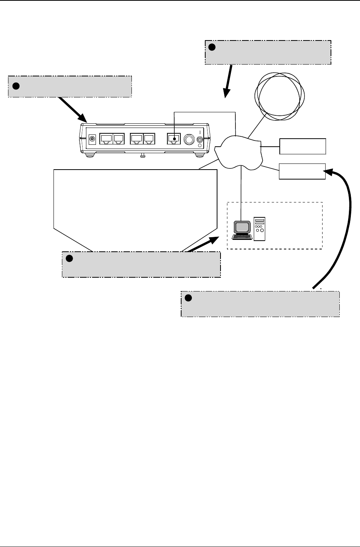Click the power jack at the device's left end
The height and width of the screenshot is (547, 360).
coord(92,139)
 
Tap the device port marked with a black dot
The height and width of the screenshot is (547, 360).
coord(174,139)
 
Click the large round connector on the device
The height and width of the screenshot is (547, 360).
coord(188,139)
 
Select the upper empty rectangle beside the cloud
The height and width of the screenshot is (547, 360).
coord(303,146)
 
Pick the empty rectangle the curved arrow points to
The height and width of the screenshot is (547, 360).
coord(302,171)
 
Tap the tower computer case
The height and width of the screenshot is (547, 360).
coord(259,229)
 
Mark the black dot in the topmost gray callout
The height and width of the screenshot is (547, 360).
coord(212,47)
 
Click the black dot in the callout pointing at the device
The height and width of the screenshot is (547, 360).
coord(16,86)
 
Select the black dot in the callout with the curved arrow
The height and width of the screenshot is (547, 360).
coord(188,298)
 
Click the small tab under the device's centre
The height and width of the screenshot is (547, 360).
coord(142,155)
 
